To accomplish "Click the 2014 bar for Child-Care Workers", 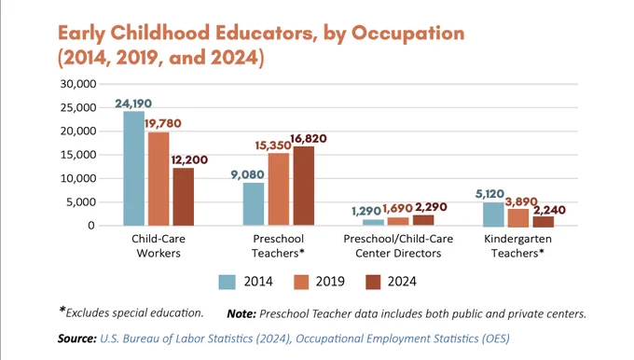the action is tap(134, 168).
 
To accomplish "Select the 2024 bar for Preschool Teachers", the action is tap(304, 187).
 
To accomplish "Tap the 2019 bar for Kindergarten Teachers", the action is tap(518, 218).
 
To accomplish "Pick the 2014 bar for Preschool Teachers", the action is tap(254, 204).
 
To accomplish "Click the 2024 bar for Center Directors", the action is tap(423, 220).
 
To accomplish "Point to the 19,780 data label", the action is tap(163, 123).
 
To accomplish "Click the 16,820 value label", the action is tap(308, 139).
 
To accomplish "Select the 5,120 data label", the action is tap(489, 194).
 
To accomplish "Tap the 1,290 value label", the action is tap(366, 211).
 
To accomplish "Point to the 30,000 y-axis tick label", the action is tap(78, 84).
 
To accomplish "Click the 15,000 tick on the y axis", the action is tap(78, 155).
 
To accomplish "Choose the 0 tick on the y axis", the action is tap(91, 226).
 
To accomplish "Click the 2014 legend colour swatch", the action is tap(227, 282).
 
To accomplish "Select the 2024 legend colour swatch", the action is tap(373, 282).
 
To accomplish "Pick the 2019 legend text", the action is tap(330, 282).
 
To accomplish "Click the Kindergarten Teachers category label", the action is tap(518, 246).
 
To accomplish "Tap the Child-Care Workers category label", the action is tap(158, 246).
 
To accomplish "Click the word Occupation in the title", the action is tap(408, 34).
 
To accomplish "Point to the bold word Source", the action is tap(76, 339).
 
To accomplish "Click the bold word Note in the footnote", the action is tap(241, 314).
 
